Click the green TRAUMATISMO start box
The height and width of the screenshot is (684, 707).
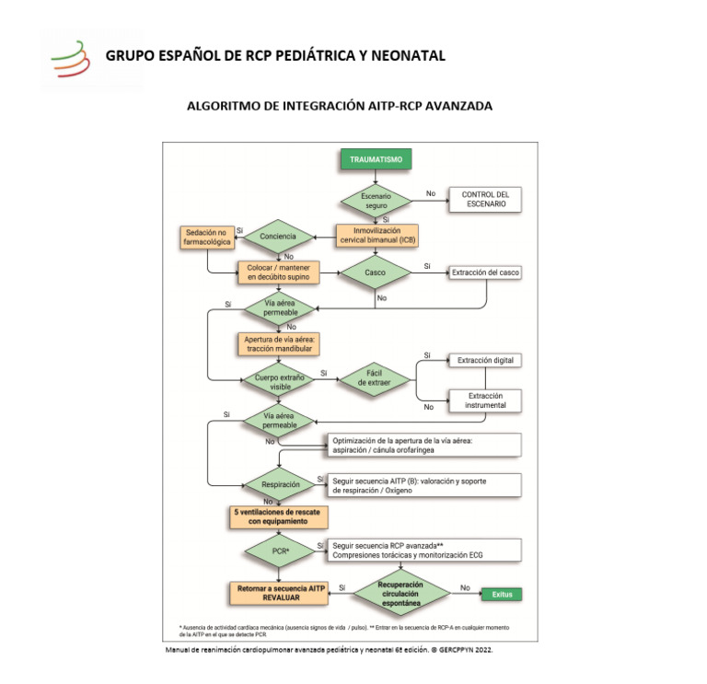pyautogui.click(x=377, y=159)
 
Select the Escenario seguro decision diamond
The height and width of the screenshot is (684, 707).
pyautogui.click(x=377, y=201)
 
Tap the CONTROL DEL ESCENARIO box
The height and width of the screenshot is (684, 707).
pyautogui.click(x=484, y=200)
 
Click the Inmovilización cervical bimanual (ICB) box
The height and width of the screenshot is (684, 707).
pyautogui.click(x=377, y=235)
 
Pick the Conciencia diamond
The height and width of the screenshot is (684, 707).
pyautogui.click(x=278, y=237)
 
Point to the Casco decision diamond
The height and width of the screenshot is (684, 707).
pyautogui.click(x=376, y=272)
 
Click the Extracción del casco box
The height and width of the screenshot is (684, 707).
pyautogui.click(x=484, y=272)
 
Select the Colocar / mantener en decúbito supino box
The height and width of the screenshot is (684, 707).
pyautogui.click(x=278, y=272)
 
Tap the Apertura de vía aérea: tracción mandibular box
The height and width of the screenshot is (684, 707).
pyautogui.click(x=278, y=344)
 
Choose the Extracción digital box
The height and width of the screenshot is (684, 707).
pyautogui.click(x=484, y=360)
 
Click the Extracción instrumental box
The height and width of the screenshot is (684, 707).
pyautogui.click(x=484, y=400)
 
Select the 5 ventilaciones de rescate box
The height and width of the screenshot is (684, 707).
pyautogui.click(x=278, y=516)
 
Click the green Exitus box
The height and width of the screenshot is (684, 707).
pyautogui.click(x=502, y=595)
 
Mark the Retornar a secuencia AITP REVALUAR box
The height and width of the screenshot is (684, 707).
pyautogui.click(x=277, y=592)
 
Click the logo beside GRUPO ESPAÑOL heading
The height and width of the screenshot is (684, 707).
pyautogui.click(x=71, y=60)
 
